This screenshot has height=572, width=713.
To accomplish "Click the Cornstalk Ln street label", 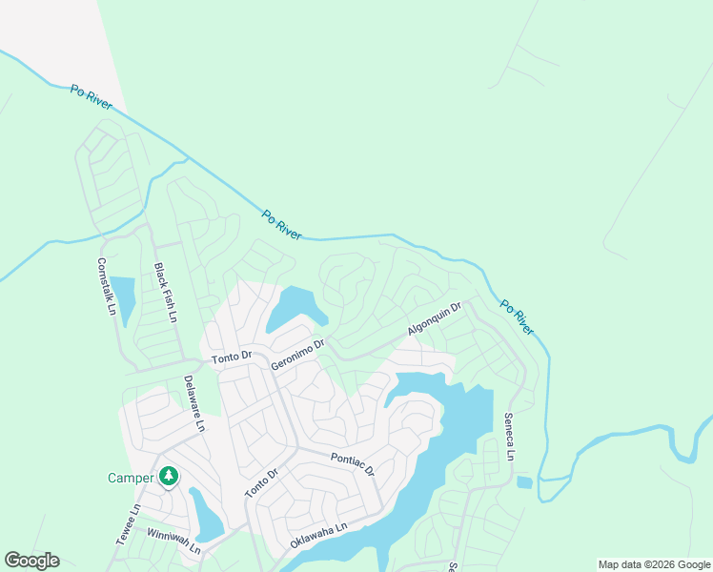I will pos(106,287).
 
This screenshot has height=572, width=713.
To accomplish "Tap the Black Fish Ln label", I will pos(166,293).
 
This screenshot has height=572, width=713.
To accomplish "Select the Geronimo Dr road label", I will pos(298,354).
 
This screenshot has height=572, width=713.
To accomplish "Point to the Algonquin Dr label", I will pos(434,318).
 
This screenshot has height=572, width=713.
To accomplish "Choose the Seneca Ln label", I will pos(509,437).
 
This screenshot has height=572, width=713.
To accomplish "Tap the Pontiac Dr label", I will pos(353,465).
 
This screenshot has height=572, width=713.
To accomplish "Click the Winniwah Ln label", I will pos(174,541).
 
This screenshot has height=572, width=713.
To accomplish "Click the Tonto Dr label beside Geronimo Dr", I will pos(232,357).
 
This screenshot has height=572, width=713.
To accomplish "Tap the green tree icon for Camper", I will pos(169,475).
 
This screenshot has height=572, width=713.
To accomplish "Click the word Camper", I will pos(130,478).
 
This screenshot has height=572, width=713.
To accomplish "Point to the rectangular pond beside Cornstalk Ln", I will pos(122,296).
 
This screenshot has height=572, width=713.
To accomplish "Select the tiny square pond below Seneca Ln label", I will pos(524,482).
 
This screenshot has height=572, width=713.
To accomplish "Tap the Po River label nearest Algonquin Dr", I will pos(516,318).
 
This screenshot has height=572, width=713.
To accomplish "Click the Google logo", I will pos(31,561).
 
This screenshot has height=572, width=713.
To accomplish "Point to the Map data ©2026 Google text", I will pos(654,564).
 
